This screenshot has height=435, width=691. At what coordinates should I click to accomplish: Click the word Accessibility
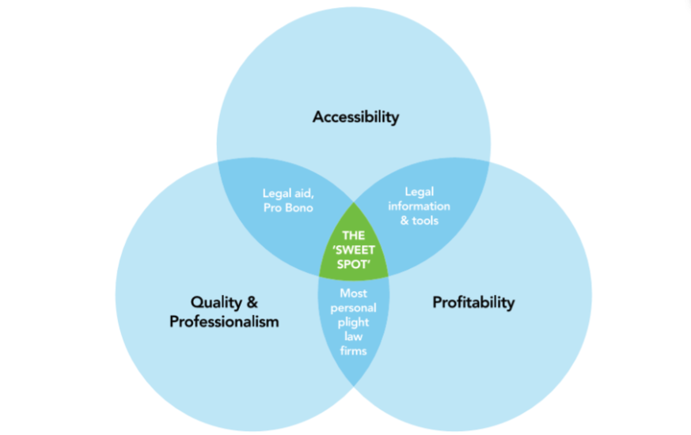pyautogui.click(x=355, y=117)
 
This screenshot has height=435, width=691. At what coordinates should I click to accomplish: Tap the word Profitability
pyautogui.click(x=473, y=302)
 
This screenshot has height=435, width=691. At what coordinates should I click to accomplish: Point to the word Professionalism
pyautogui.click(x=224, y=322)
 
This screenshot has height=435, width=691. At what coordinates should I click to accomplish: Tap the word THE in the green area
pyautogui.click(x=354, y=235)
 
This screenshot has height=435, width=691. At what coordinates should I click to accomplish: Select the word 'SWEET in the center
pyautogui.click(x=354, y=250)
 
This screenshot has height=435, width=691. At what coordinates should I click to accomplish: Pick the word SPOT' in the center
pyautogui.click(x=354, y=264)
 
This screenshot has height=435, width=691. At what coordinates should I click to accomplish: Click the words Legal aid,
pyautogui.click(x=287, y=192)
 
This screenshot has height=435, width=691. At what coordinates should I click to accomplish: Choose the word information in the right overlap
pyautogui.click(x=419, y=206)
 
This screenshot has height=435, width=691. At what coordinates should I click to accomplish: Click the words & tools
pyautogui.click(x=419, y=220)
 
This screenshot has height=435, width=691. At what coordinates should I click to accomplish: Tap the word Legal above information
pyautogui.click(x=419, y=191)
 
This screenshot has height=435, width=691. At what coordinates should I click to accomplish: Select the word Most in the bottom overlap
pyautogui.click(x=354, y=293)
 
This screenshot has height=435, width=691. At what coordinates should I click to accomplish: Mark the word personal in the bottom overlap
pyautogui.click(x=354, y=307)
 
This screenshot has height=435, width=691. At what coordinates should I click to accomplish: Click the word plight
pyautogui.click(x=354, y=321)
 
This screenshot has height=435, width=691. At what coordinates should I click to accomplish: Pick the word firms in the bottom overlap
pyautogui.click(x=354, y=350)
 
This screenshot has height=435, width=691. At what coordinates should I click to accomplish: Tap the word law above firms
pyautogui.click(x=354, y=335)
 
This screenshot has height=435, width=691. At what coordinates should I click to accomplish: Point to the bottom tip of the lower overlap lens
pyautogui.click(x=354, y=385)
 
